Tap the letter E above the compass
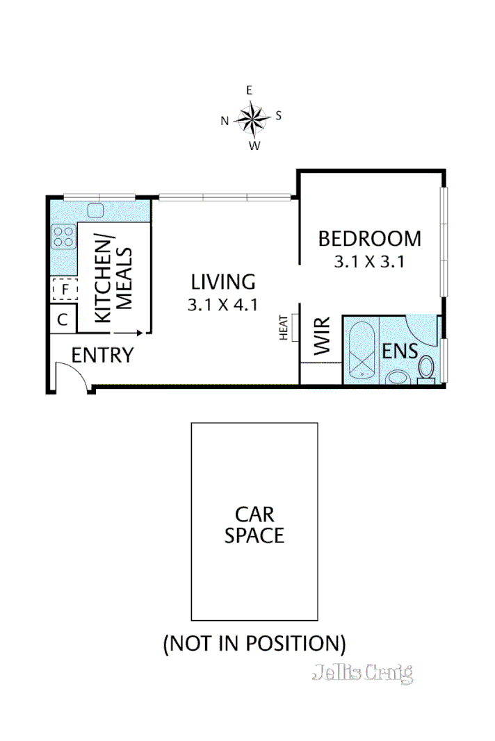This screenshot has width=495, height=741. (249, 90)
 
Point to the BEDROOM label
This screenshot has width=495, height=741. (369, 239)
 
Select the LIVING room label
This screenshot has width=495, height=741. (223, 282)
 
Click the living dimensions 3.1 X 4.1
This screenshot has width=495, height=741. (222, 304)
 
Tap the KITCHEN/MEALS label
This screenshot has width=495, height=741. (113, 279)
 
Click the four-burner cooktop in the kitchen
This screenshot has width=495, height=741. (63, 238)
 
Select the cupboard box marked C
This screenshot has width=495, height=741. (63, 319)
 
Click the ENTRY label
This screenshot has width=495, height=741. (102, 356)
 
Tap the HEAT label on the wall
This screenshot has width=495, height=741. (284, 328)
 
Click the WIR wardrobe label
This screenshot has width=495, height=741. (323, 336)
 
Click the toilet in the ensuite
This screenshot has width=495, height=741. (425, 368)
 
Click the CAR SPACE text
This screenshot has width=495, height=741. (254, 525)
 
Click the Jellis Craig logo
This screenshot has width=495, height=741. (362, 672)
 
